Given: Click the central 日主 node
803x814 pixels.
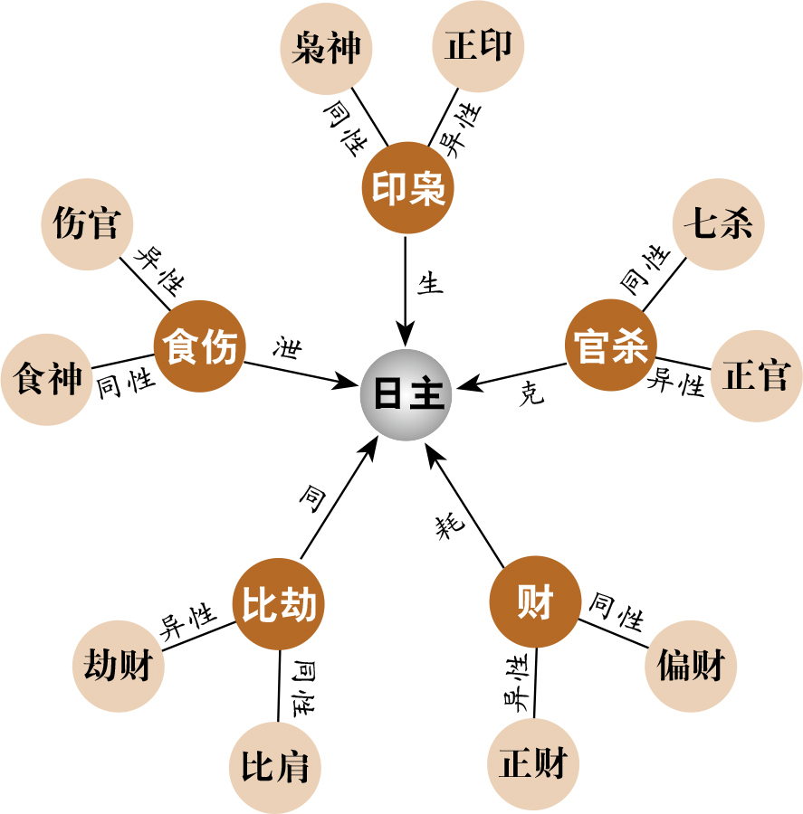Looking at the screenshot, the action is [406, 394].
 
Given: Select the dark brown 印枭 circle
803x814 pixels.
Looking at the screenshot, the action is [408, 188].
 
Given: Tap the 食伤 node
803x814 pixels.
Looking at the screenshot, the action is [199, 346].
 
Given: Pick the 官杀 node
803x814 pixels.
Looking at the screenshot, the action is [611, 345].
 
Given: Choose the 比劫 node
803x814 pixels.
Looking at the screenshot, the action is [279, 604].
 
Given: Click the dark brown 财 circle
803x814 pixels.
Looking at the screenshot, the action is [535, 601].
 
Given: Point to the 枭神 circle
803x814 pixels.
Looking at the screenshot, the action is [326, 48].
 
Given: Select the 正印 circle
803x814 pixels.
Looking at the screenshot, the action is [478, 46].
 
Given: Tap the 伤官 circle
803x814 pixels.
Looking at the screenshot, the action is [87, 224].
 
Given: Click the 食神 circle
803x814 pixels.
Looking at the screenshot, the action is [47, 380].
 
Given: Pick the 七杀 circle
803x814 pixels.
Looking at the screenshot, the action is [718, 224].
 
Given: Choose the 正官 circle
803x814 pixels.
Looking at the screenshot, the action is [757, 376].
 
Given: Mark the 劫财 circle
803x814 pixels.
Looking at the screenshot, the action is [119, 666].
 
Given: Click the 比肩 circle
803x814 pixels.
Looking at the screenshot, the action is [275, 767].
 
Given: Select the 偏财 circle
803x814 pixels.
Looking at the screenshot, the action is [691, 666].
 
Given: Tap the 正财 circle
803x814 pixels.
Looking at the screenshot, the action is [533, 764].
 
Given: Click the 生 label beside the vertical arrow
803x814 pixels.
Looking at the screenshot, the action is [431, 283].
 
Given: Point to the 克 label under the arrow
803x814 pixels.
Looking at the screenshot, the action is [531, 393].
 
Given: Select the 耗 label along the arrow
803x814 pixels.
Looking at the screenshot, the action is [450, 525].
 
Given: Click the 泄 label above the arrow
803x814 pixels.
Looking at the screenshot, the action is [287, 346].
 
